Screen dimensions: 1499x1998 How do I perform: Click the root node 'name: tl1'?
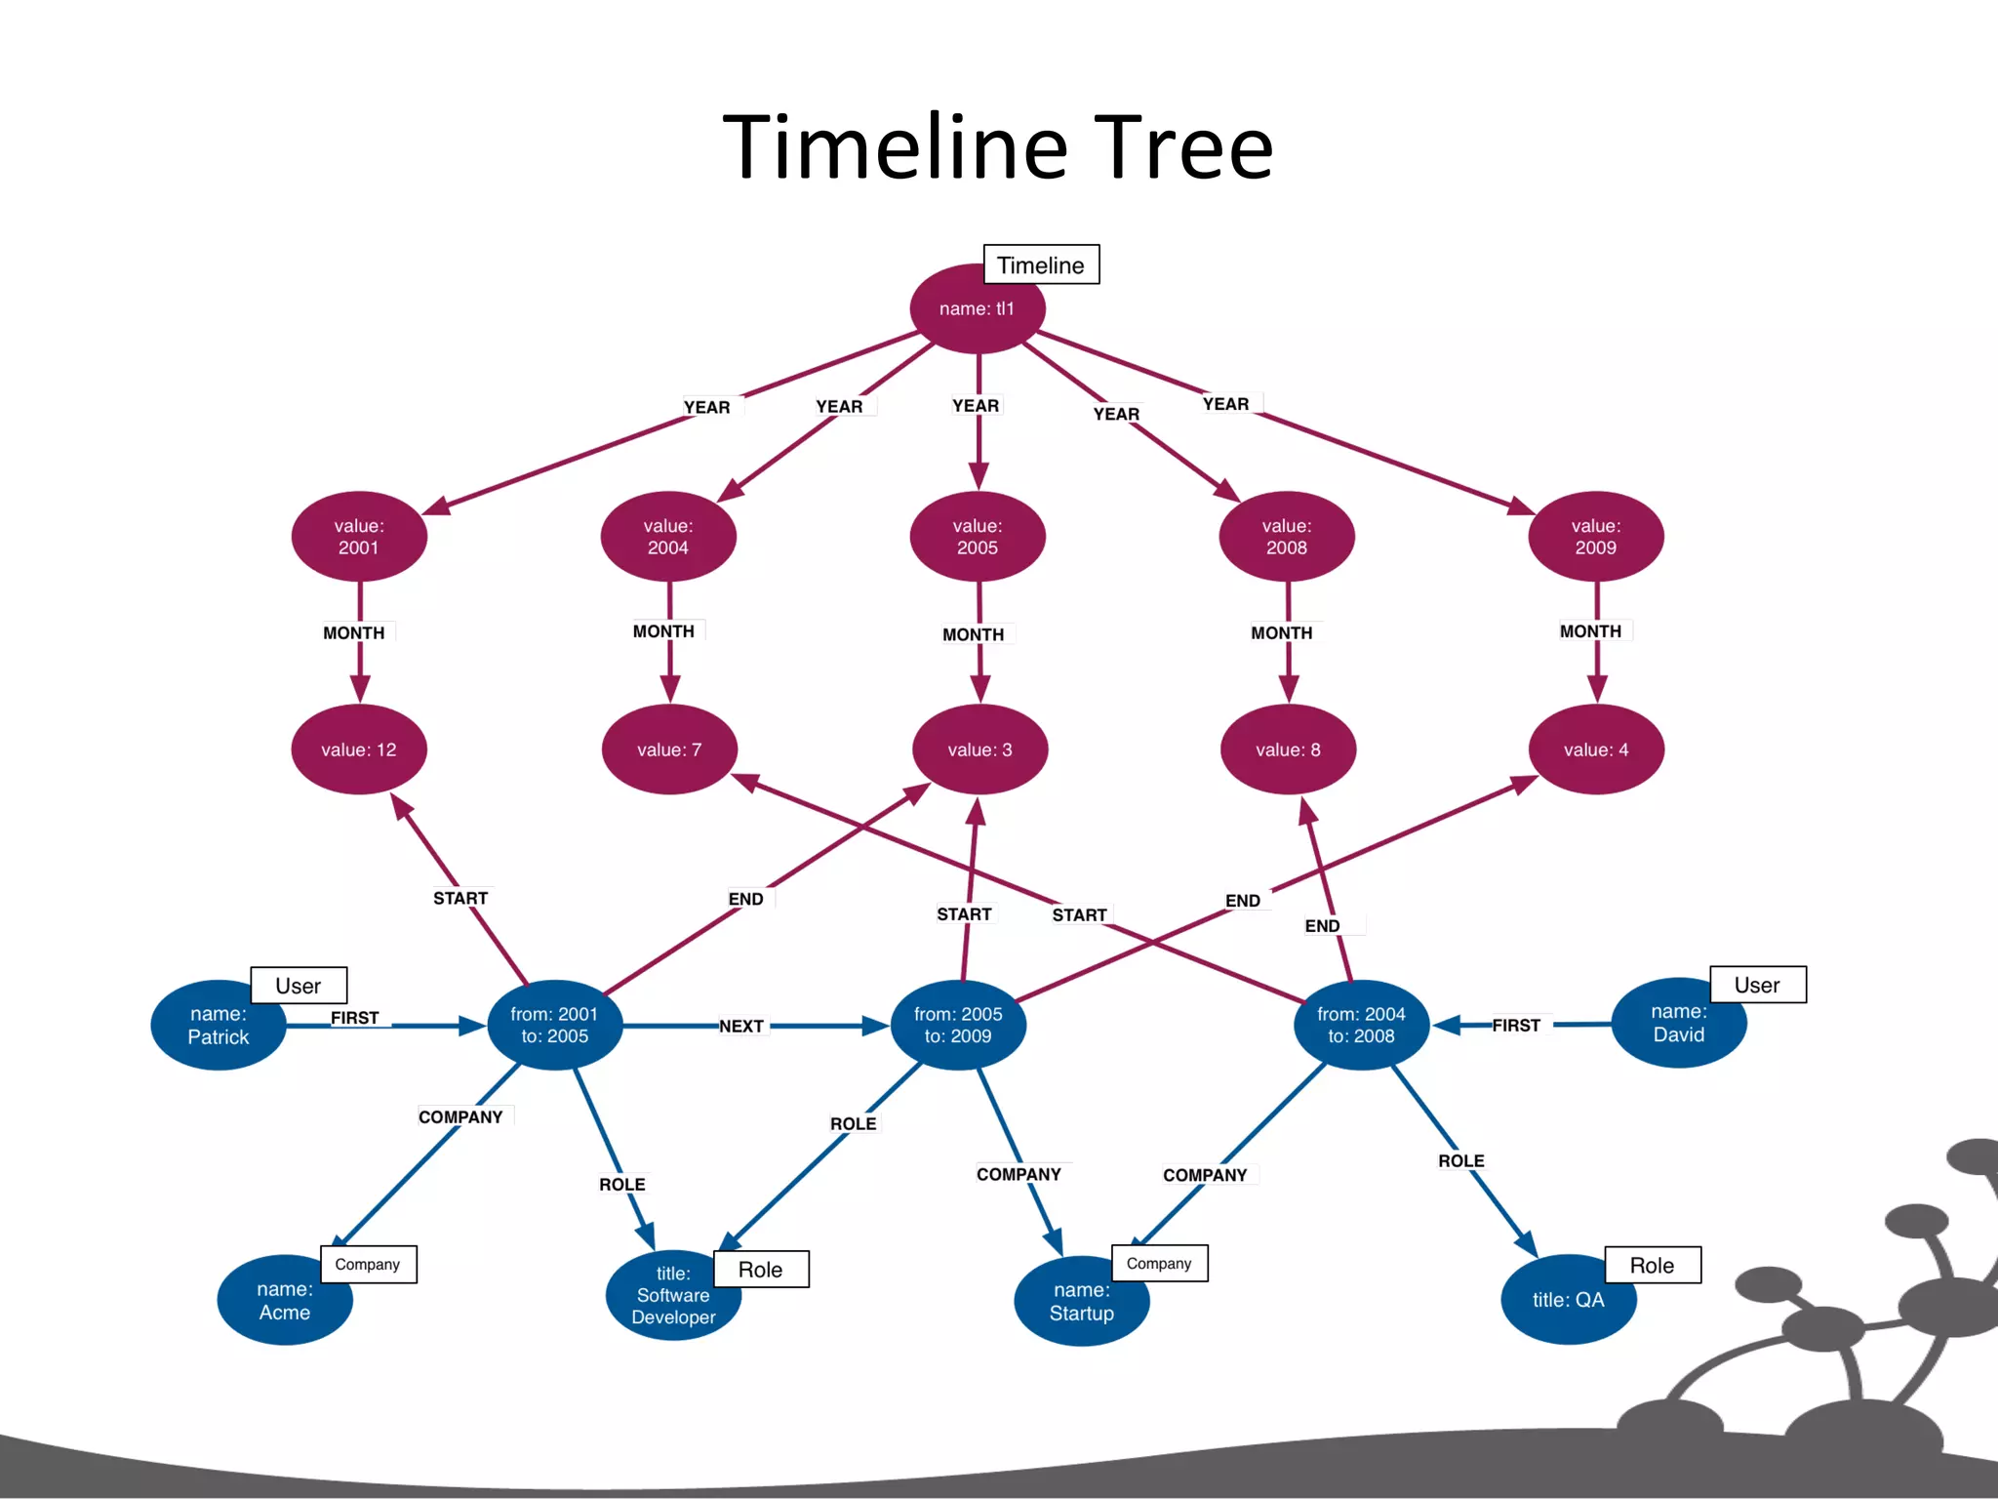tap(977, 308)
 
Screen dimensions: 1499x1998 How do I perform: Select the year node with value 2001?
tap(359, 537)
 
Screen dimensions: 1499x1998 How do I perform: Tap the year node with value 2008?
tap(1286, 537)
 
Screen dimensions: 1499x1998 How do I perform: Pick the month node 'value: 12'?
tap(359, 749)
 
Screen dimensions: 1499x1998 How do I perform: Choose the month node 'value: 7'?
tap(669, 749)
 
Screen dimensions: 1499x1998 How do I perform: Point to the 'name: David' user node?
tap(1678, 1024)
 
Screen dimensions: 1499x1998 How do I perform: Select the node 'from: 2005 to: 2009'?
tap(958, 1025)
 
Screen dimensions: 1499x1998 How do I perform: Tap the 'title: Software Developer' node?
tap(673, 1296)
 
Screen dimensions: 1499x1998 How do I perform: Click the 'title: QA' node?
tap(1568, 1300)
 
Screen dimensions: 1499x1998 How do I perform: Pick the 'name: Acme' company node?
tap(284, 1301)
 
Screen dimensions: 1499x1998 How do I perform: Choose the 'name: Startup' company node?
tap(1081, 1302)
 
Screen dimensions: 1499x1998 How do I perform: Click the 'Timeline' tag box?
tap(1041, 265)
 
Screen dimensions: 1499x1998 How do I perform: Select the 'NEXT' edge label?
tap(741, 1027)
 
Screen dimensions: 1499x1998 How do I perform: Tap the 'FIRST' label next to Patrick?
tap(354, 1018)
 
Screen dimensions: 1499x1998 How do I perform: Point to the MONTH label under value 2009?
tap(1590, 631)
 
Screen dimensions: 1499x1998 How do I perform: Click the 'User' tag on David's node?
tap(1757, 985)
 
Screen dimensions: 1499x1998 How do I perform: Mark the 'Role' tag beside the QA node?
tap(1652, 1266)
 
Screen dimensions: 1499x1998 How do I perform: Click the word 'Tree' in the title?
tap(1183, 147)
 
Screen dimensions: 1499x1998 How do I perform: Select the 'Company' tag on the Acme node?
tap(368, 1265)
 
